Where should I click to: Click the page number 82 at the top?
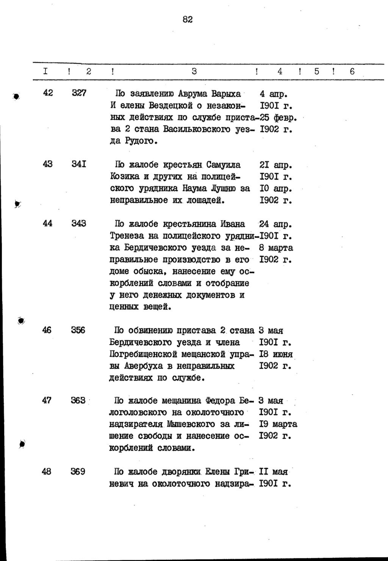point(188,19)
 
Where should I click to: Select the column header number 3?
point(194,71)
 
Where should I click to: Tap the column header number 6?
point(352,71)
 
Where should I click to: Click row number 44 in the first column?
point(48,223)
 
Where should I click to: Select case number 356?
point(78,330)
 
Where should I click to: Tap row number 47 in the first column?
point(47,400)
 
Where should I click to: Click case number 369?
point(78,472)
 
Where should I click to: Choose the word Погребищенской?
point(143,354)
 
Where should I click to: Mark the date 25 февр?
point(278,117)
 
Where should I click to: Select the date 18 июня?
point(276,354)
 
